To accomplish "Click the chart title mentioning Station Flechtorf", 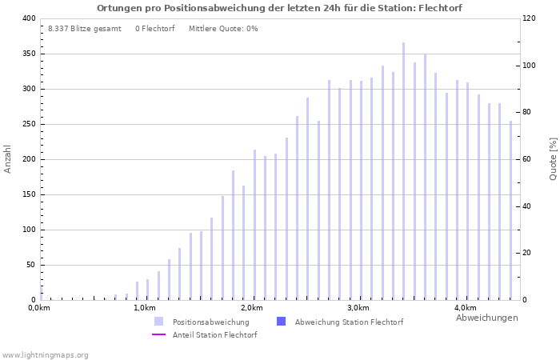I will point(279,8).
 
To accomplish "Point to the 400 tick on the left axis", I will point(28,18).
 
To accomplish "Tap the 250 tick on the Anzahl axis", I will point(28,124).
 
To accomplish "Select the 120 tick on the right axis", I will point(529,18).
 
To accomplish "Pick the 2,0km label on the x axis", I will point(251,308).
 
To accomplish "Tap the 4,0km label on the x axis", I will point(465,308).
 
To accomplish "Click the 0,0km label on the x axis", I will point(39,308).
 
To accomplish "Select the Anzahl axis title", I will point(8,159).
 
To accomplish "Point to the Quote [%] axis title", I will point(553,159).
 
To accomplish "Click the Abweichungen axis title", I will point(486,318).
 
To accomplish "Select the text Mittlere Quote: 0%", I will point(223,29).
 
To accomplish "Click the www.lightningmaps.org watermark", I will point(46,354).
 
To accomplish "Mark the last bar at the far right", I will point(510,210).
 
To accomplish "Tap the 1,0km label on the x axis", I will point(144,308).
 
